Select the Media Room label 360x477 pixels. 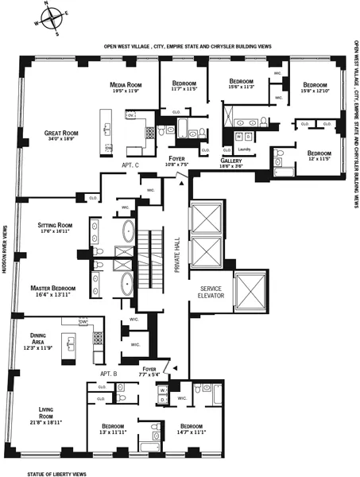click(126, 87)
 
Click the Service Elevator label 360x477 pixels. click(213, 293)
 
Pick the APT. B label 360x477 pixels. click(109, 373)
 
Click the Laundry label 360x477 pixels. click(244, 149)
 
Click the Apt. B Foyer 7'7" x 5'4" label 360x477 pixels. click(149, 371)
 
